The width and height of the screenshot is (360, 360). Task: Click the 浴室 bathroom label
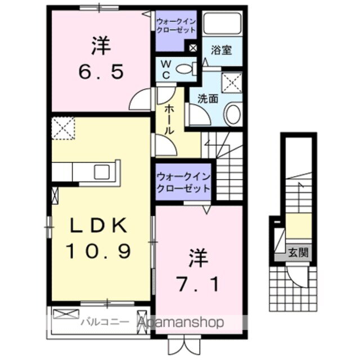point(220,50)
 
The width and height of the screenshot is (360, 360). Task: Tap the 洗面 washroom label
point(207,97)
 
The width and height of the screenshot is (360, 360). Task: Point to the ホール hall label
point(168,119)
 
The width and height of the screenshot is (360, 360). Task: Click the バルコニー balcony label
point(99,322)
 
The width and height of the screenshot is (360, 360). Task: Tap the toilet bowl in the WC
point(185,69)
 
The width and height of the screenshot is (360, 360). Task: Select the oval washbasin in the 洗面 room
point(232,114)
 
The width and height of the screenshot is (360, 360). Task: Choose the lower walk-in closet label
point(183,182)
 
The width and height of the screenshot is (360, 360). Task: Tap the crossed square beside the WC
point(193,48)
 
